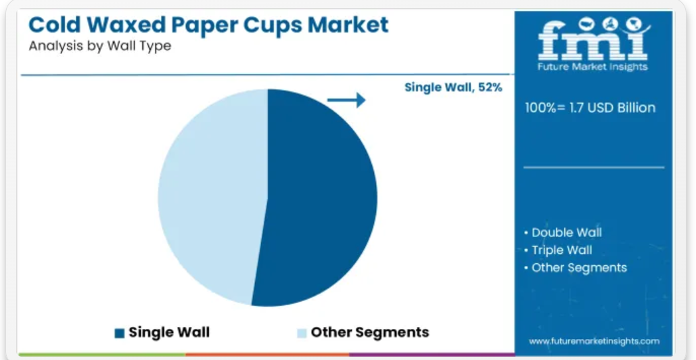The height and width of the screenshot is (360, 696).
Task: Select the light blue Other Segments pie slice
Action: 213,196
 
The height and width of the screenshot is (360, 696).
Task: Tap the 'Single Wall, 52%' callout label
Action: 453,87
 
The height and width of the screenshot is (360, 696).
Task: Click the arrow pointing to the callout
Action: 346,100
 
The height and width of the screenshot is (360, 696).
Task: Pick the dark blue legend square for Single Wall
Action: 120,333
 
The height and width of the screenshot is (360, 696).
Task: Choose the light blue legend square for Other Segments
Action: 302,333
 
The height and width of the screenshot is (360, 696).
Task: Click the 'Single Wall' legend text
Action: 169,332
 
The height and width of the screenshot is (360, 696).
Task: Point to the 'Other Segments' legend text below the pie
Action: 370,332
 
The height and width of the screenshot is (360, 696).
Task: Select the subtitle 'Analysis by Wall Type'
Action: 100,46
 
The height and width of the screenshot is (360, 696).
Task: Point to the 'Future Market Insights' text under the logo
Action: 593,67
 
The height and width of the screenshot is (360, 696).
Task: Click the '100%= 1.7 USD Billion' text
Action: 590,108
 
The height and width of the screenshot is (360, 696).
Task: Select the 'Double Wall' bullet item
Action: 563,232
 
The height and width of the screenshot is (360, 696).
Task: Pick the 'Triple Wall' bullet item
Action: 558,250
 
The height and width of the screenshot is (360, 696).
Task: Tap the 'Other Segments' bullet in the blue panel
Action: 575,268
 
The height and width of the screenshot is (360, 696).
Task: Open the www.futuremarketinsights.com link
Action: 594,341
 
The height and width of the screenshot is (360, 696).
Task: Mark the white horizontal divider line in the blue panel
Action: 594,167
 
